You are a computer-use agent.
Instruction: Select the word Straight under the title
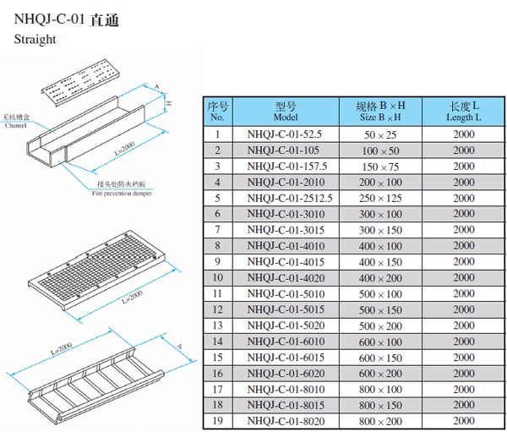coord(35,40)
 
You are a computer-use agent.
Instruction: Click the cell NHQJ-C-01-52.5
coord(285,134)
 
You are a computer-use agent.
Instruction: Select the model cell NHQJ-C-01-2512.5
coord(285,198)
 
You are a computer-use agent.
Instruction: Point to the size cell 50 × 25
coord(380,134)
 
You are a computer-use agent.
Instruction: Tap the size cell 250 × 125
coord(380,198)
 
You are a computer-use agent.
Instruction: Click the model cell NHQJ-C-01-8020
coord(285,421)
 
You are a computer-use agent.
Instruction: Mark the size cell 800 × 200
coord(380,421)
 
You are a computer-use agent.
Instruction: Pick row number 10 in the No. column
coord(217,277)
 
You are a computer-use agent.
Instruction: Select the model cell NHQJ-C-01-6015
coord(285,358)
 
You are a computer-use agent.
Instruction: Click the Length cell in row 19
coord(463,421)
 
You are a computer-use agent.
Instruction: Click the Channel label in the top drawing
coord(15,124)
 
